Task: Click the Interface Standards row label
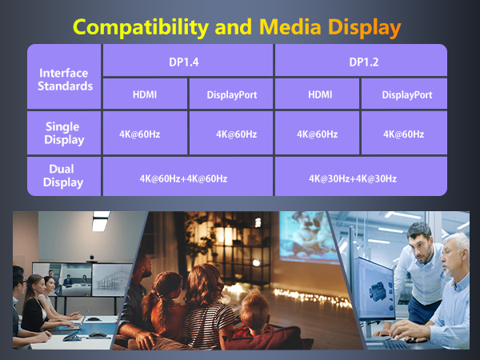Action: click(63, 78)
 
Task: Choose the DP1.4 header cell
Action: click(187, 61)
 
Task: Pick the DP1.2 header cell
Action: click(360, 61)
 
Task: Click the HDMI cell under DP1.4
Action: click(144, 94)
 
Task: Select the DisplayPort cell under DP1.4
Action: click(231, 94)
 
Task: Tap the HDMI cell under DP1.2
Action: click(317, 94)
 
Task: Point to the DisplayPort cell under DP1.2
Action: click(403, 94)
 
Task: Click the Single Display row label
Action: click(63, 134)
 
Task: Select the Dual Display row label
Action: click(63, 176)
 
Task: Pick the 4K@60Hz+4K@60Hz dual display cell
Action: click(187, 178)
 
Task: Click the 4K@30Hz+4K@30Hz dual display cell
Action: click(360, 178)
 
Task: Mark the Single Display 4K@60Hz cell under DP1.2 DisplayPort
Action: click(403, 134)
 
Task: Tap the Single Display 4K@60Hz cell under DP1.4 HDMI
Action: click(144, 134)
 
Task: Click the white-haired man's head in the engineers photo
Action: click(458, 246)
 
